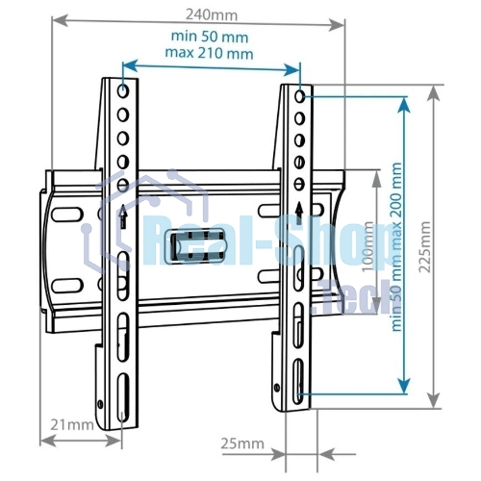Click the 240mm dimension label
212,14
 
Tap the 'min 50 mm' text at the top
210,37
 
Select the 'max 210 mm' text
209,53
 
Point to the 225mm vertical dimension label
425,246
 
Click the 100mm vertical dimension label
367,246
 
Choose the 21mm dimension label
72,425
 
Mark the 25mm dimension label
242,443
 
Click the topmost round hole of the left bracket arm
123,91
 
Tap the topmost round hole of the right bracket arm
299,96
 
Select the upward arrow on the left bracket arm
123,216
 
